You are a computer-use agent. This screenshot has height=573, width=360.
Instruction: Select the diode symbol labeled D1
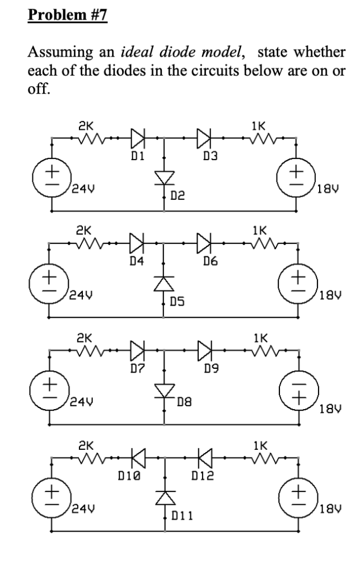[138, 136]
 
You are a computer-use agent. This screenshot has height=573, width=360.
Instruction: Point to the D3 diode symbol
[204, 136]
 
